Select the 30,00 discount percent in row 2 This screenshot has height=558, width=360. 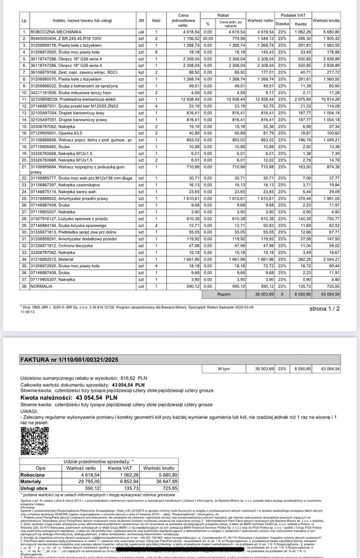tap(208, 39)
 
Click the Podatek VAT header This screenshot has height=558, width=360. tap(293, 15)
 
